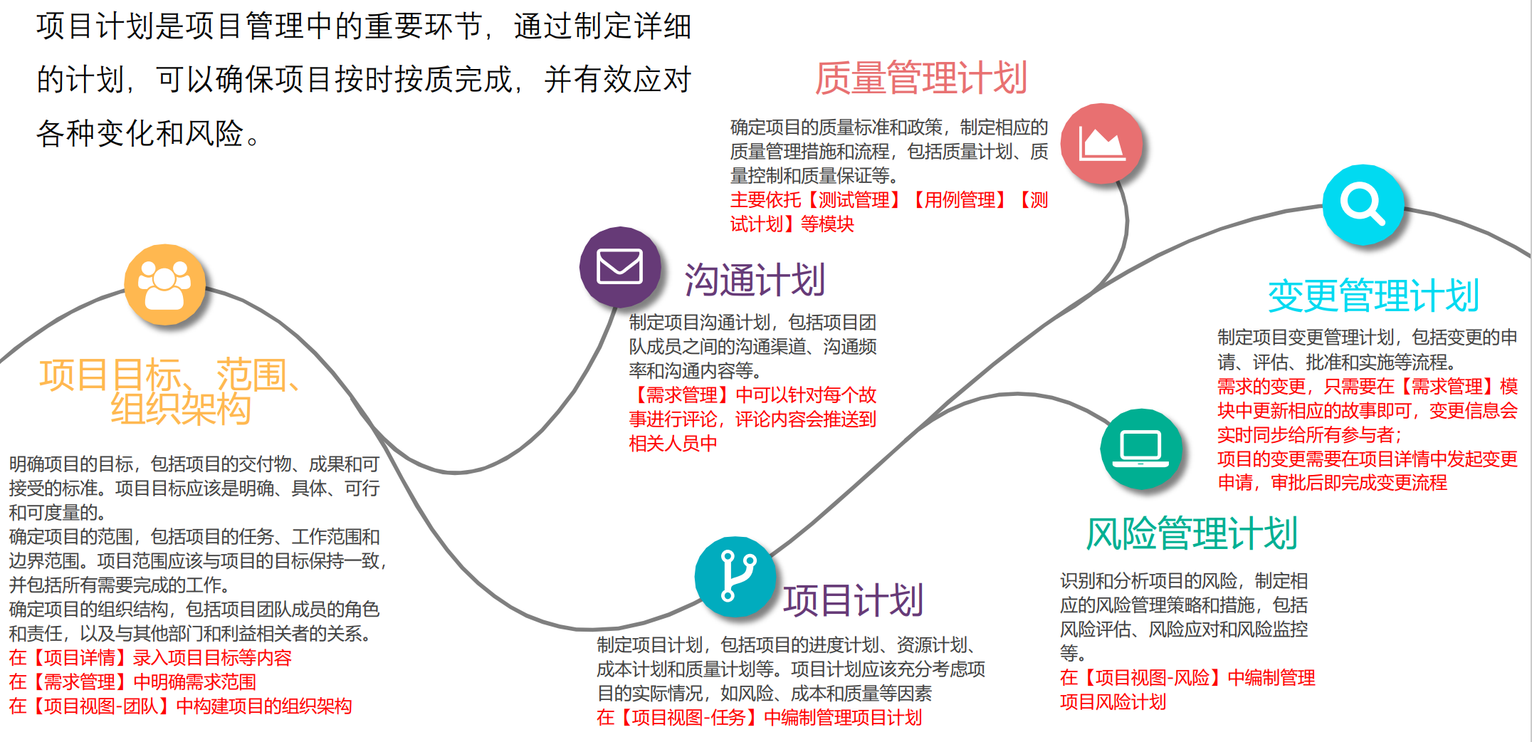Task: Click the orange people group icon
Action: point(164,285)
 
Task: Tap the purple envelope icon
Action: point(619,267)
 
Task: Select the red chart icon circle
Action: point(1101,143)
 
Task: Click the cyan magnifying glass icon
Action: point(1363,204)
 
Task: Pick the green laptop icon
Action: point(1140,449)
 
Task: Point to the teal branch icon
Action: point(735,576)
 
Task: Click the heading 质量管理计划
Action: point(920,78)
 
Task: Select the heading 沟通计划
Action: point(755,280)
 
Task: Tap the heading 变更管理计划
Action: point(1373,296)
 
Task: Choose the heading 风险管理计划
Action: point(1192,533)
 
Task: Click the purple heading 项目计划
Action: point(853,600)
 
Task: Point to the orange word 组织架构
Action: point(181,409)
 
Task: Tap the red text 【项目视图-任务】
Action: point(688,717)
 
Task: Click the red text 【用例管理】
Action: point(960,200)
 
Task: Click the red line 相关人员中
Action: point(673,444)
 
